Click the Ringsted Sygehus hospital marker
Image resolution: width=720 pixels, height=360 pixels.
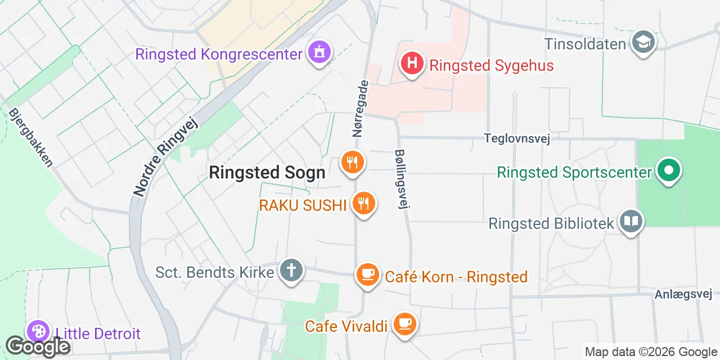click(x=412, y=63)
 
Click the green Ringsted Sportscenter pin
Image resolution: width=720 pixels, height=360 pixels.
click(x=668, y=170)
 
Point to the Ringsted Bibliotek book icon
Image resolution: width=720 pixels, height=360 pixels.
click(x=631, y=222)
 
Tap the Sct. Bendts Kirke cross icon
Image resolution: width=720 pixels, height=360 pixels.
click(x=291, y=271)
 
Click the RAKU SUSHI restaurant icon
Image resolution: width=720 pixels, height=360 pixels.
click(x=363, y=204)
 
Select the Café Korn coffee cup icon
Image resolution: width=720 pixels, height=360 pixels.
click(x=368, y=275)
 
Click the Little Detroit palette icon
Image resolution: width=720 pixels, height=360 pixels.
click(x=38, y=332)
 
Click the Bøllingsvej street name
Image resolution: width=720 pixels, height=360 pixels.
click(x=401, y=179)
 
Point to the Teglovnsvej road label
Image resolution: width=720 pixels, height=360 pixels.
click(x=517, y=138)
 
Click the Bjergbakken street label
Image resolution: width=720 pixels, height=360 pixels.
click(x=31, y=137)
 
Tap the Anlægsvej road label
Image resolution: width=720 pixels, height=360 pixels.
click(x=683, y=294)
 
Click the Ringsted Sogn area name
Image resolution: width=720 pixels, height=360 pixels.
click(x=267, y=173)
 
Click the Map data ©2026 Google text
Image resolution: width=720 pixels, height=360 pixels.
click(x=650, y=352)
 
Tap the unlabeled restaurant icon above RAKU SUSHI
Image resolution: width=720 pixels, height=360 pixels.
click(x=353, y=163)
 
